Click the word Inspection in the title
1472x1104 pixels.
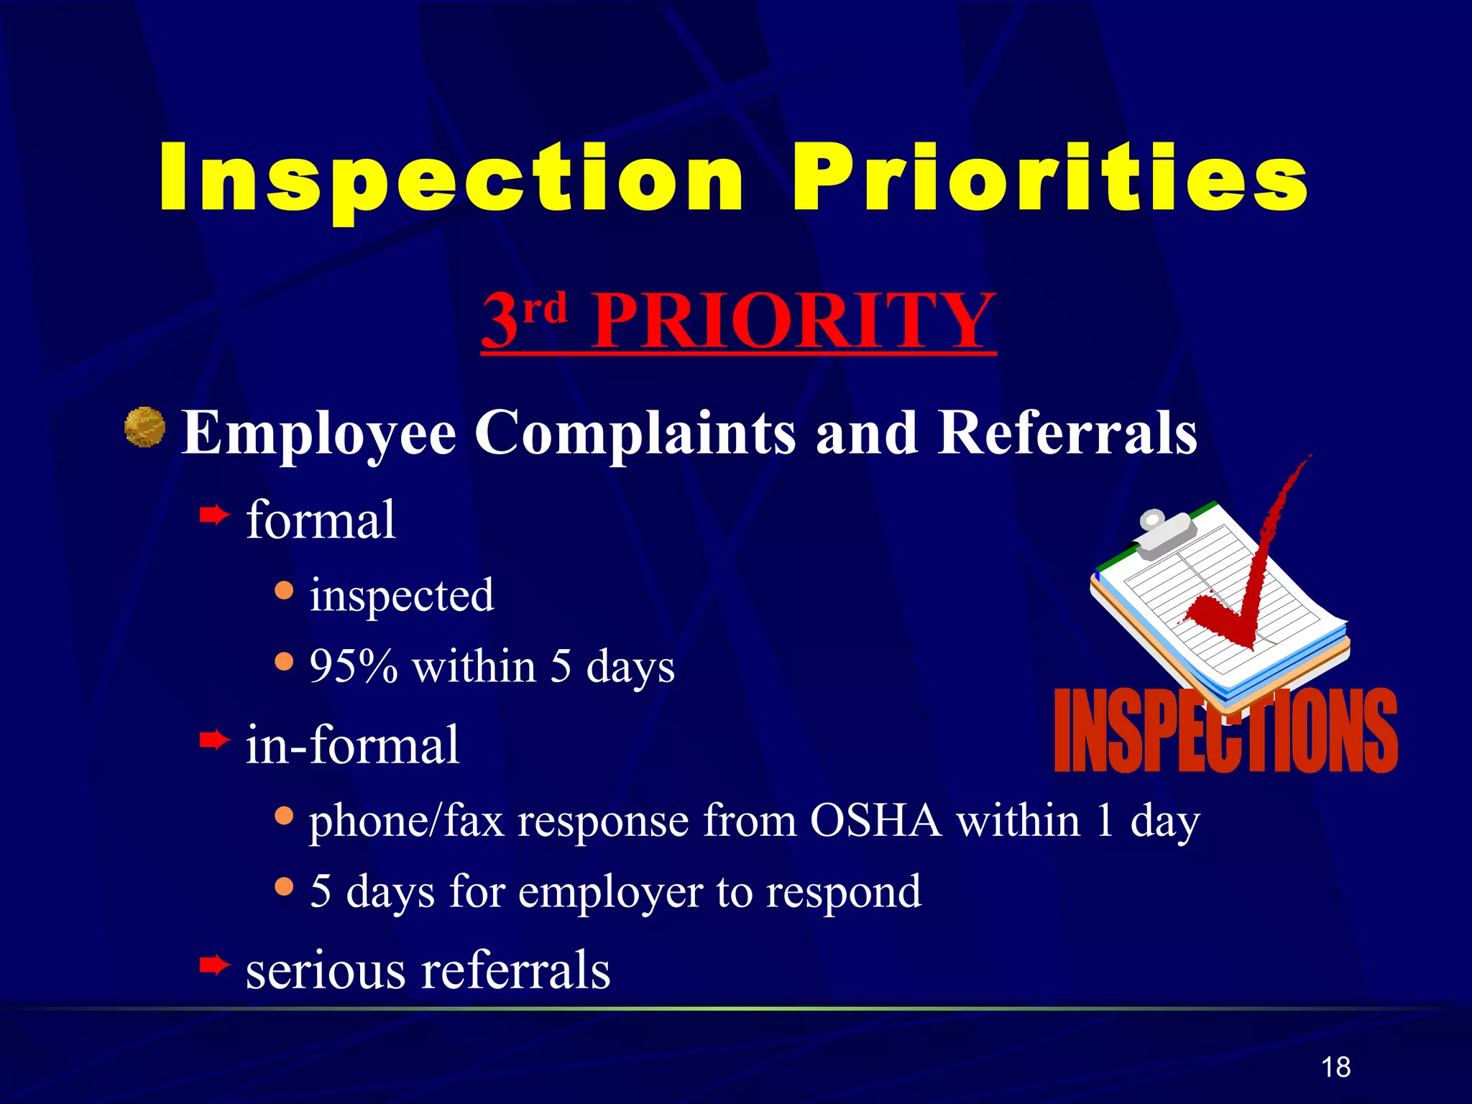[451, 178]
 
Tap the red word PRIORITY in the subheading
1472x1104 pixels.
[793, 321]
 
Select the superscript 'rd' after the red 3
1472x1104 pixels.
[545, 309]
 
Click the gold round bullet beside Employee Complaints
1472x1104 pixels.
[145, 427]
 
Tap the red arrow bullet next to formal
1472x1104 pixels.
[214, 515]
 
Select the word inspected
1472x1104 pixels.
[402, 595]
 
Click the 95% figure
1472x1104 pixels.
[354, 666]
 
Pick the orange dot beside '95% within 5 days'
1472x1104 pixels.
[285, 661]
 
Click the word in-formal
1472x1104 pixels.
[352, 745]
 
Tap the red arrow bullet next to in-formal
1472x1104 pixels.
[214, 739]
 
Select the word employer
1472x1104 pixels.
[610, 892]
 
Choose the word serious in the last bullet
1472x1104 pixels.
[326, 970]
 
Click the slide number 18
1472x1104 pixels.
[1335, 1067]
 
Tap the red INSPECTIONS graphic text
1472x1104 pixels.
[1225, 730]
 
